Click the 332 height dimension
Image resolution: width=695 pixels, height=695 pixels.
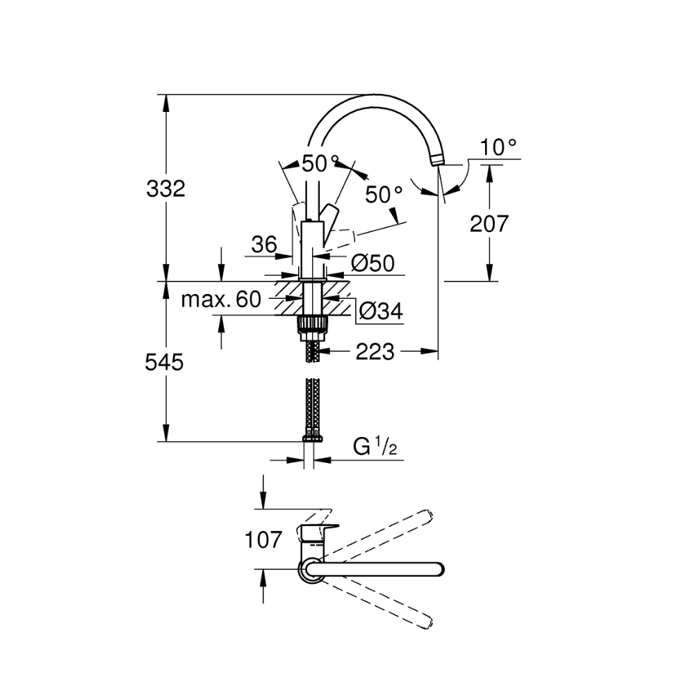click(x=166, y=188)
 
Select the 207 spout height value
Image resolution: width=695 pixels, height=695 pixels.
click(x=489, y=224)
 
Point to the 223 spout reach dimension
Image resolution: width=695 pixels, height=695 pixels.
click(x=375, y=352)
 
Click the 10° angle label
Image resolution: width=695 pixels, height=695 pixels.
click(x=499, y=147)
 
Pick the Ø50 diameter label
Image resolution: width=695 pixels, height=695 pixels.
click(x=373, y=263)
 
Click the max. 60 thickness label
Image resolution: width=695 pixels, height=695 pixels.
click(x=220, y=300)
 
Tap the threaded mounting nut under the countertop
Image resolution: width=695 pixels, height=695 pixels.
click(x=313, y=324)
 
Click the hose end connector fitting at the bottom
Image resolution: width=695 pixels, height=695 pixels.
click(x=313, y=437)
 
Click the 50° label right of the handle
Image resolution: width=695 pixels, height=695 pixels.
click(x=384, y=195)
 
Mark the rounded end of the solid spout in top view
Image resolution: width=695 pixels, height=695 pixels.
click(x=436, y=569)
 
